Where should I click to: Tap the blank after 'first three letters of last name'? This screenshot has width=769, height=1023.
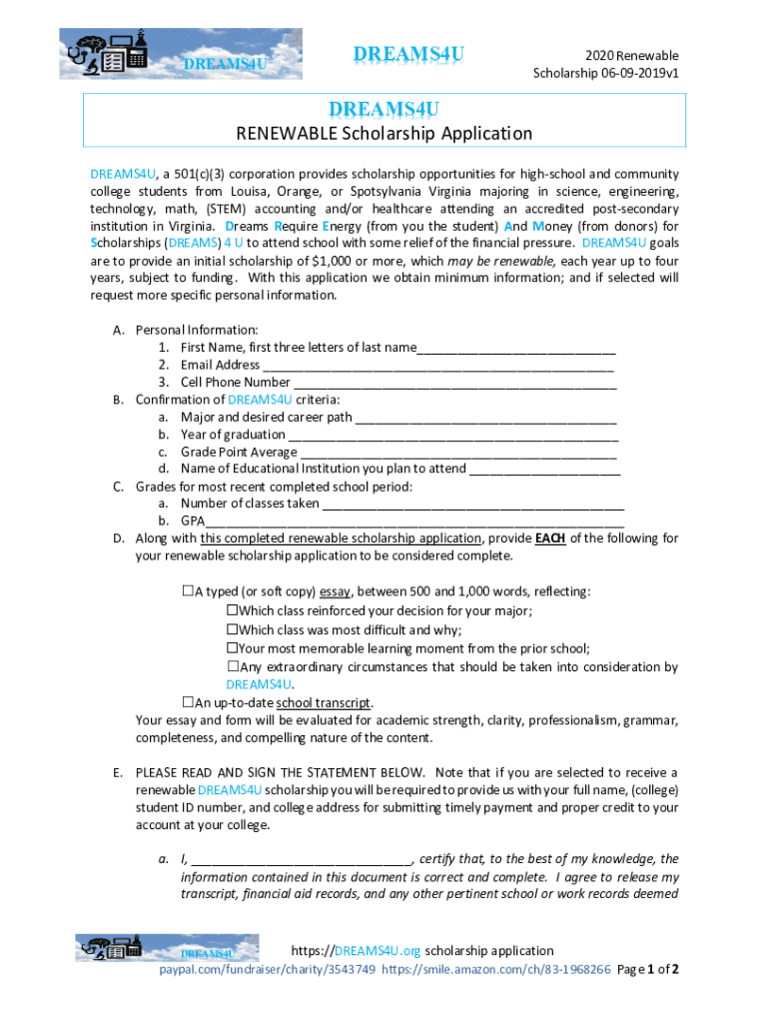coord(516,349)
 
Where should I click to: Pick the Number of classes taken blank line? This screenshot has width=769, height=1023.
coord(473,505)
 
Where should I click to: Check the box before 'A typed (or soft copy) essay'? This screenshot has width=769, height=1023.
coord(187,590)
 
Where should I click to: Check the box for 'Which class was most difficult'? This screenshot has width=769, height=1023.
coord(232,629)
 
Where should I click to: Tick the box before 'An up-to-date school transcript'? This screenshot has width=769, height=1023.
coord(187,702)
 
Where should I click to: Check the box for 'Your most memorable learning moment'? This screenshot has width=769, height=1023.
coord(232,647)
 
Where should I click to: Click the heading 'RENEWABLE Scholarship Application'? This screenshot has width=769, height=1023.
coord(384,134)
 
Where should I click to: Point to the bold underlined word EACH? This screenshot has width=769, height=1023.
coord(550,538)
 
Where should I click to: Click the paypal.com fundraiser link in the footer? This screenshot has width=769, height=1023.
coord(269,970)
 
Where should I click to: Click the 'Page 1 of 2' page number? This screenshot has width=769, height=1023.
coord(649,970)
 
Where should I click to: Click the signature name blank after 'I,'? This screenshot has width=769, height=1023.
coord(301,859)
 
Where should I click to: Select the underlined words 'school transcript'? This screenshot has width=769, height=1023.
coord(324,702)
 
